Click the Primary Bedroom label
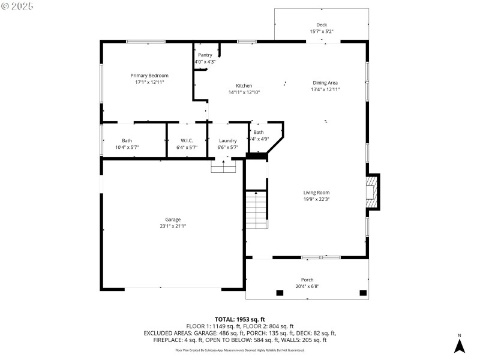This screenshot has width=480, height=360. pyautogui.click(x=149, y=76)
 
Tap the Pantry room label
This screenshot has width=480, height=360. pyautogui.click(x=205, y=55)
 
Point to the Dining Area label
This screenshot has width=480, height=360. pyautogui.click(x=325, y=82)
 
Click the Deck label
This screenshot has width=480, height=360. pyautogui.click(x=322, y=25)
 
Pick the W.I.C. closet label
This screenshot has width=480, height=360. pyautogui.click(x=187, y=140)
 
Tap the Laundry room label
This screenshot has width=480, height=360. pyautogui.click(x=228, y=140)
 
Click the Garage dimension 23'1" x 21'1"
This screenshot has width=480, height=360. pyautogui.click(x=173, y=226)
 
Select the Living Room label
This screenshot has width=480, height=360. pyautogui.click(x=316, y=193)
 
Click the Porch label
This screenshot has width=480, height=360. pyautogui.click(x=307, y=280)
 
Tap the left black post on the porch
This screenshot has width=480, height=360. pyautogui.click(x=280, y=293)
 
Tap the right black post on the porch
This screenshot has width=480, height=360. pyautogui.click(x=362, y=293)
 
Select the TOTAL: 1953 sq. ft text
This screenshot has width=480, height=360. pyautogui.click(x=240, y=319)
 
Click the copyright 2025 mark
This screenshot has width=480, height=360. pyautogui.click(x=17, y=6)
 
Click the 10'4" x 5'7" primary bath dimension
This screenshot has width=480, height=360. pyautogui.click(x=127, y=147)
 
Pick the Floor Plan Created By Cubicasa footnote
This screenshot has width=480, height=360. pyautogui.click(x=240, y=350)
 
